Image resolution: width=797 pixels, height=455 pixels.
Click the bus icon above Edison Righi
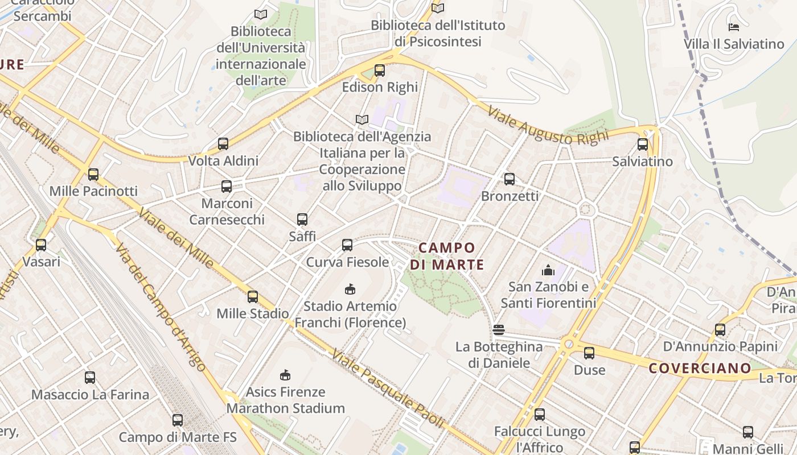pos(380,71)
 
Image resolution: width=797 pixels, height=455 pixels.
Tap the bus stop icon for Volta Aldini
pos(223,144)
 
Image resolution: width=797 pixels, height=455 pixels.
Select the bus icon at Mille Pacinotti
pos(93,175)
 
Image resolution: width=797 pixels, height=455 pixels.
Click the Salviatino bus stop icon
pos(643,144)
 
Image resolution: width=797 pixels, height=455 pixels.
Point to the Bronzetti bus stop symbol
pos(510,179)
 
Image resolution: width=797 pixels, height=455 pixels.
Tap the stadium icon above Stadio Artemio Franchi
pos(350,289)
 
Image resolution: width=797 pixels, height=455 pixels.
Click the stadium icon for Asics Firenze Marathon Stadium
pos(285,375)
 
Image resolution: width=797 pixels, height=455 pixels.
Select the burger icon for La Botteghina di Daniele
pos(499,329)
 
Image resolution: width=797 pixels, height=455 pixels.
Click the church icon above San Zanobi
pos(548,270)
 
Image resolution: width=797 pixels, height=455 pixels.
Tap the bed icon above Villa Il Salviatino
pos(734,27)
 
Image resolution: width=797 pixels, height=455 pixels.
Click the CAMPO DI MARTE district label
pos(447,256)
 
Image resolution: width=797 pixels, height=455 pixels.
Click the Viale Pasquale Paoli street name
pos(388,388)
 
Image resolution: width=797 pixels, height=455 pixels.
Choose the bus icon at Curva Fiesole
pos(347,245)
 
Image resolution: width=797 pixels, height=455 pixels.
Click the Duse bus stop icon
pos(589,353)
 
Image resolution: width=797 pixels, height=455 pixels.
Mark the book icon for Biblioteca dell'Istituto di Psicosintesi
pos(437,8)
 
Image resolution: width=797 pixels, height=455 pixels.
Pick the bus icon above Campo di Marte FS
pos(178,420)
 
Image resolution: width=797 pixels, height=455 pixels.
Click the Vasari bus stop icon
pos(41,245)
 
